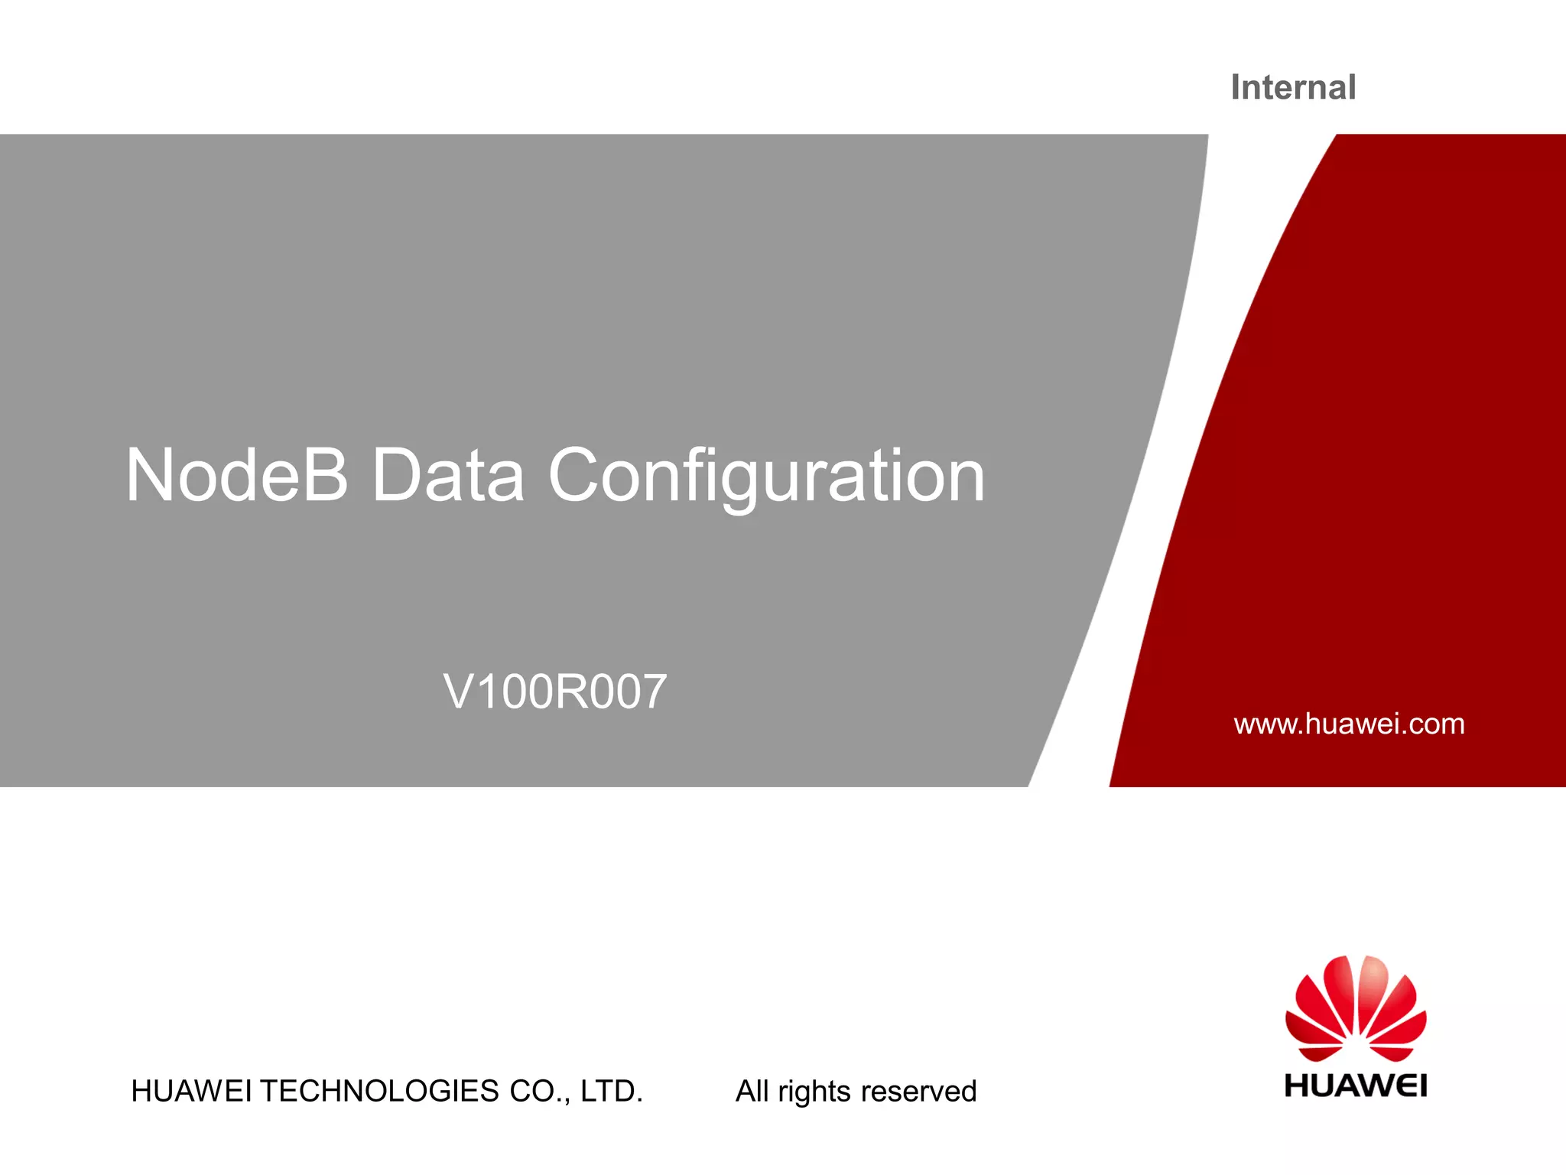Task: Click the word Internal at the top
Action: tap(1293, 87)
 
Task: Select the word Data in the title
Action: tap(448, 476)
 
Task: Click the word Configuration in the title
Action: tap(766, 476)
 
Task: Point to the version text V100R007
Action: tap(555, 692)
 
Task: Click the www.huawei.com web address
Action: tap(1349, 724)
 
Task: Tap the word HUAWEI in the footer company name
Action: tap(191, 1091)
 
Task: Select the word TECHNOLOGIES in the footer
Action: tap(379, 1091)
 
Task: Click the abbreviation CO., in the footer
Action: tap(540, 1091)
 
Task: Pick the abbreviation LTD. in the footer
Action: tap(612, 1091)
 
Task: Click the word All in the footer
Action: tap(752, 1091)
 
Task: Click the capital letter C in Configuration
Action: tap(578, 476)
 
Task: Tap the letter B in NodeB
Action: tap(326, 476)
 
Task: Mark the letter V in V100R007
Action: tap(459, 692)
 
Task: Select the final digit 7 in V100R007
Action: tap(652, 692)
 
